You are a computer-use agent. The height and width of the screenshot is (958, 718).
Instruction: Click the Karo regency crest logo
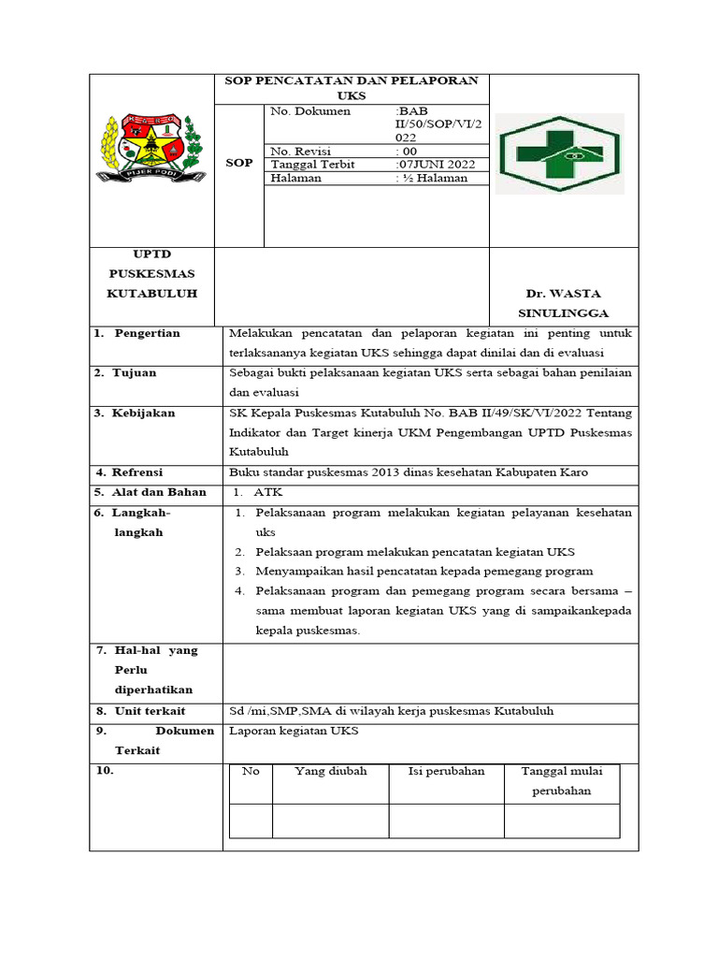151,148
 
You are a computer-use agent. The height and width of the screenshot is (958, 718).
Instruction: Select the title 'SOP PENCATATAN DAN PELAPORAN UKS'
352,88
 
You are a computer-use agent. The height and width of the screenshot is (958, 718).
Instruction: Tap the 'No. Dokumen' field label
310,111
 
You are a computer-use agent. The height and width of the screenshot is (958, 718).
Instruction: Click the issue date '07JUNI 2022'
436,165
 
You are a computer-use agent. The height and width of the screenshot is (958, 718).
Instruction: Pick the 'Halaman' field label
295,178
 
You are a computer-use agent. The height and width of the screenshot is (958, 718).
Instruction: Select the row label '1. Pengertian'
137,333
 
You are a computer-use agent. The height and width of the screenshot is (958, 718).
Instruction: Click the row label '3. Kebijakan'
135,413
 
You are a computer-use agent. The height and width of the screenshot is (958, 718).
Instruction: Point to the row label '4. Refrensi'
131,472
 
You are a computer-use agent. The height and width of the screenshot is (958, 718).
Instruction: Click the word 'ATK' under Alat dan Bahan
267,492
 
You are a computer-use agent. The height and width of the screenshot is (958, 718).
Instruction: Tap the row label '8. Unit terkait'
139,711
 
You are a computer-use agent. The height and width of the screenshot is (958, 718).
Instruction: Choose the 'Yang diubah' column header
331,771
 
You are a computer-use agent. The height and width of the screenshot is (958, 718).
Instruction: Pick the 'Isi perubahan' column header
446,771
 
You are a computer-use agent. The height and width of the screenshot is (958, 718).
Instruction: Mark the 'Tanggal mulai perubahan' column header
562,780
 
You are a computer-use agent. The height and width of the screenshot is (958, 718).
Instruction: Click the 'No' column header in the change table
251,771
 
